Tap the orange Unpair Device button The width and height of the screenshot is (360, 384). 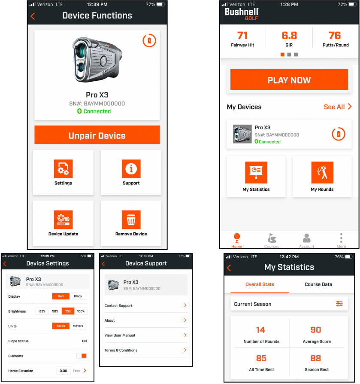pyautogui.click(x=97, y=135)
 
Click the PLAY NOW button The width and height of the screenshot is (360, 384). pyautogui.click(x=289, y=80)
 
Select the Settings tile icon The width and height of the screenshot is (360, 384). pyautogui.click(x=63, y=169)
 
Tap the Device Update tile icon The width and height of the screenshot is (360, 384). pyautogui.click(x=63, y=220)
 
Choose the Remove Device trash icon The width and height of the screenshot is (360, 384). pyautogui.click(x=131, y=220)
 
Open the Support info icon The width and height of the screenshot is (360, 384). pyautogui.click(x=131, y=169)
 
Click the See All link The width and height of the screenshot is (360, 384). pyautogui.click(x=338, y=107)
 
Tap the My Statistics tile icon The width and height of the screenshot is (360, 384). pyautogui.click(x=256, y=173)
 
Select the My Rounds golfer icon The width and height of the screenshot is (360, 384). pyautogui.click(x=322, y=173)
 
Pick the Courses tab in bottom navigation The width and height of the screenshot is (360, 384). pyautogui.click(x=271, y=240)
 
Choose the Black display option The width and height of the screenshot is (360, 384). pyautogui.click(x=78, y=296)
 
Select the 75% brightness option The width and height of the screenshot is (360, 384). pyautogui.click(x=68, y=311)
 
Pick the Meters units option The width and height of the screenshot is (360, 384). pyautogui.click(x=78, y=326)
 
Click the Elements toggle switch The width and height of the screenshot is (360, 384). pyautogui.click(x=82, y=356)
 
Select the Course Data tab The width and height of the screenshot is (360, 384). pyautogui.click(x=318, y=284)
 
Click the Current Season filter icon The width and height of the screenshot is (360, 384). pyautogui.click(x=339, y=304)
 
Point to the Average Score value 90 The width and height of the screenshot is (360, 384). pyautogui.click(x=316, y=330)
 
